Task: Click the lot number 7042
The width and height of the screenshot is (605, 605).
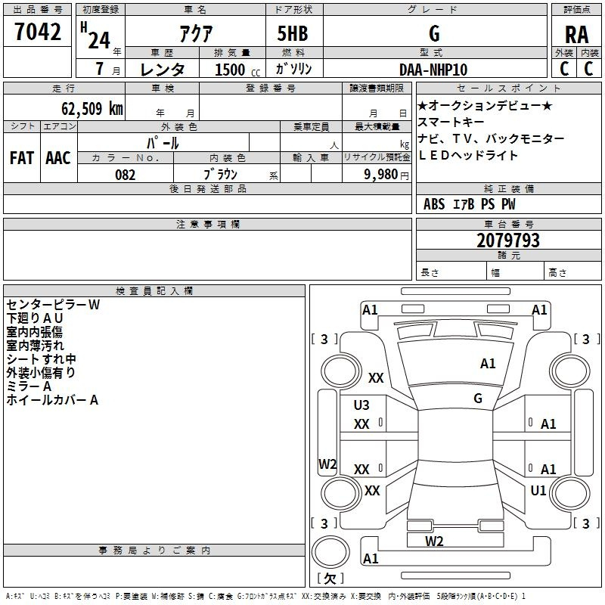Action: [38, 32]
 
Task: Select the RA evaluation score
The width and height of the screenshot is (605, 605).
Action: [576, 35]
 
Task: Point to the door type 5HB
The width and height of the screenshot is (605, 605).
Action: [293, 33]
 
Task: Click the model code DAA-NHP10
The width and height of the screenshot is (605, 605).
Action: [433, 70]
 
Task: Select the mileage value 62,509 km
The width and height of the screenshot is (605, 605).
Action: [86, 108]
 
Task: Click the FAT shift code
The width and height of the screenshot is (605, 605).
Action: [21, 158]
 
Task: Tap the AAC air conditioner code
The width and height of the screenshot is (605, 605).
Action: [57, 158]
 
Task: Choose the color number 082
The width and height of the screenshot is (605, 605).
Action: [126, 175]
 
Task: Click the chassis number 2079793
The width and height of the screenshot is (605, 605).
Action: [508, 241]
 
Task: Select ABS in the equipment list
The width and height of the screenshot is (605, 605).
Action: [434, 204]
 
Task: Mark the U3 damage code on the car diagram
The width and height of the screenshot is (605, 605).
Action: [361, 405]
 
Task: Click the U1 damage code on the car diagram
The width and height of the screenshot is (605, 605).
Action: [538, 490]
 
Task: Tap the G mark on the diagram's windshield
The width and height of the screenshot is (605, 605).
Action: [478, 398]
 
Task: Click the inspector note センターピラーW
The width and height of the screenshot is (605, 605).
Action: [53, 305]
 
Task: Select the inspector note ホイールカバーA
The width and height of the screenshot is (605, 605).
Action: [52, 400]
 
